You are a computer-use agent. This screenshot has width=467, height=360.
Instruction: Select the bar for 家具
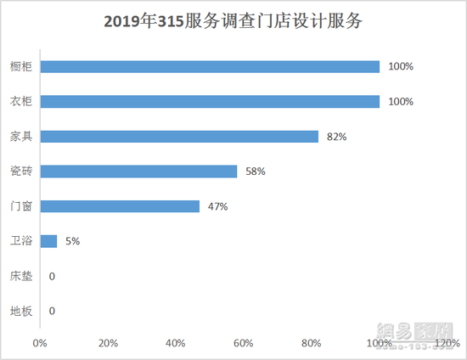click(179, 136)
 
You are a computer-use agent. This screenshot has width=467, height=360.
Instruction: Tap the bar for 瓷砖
click(138, 172)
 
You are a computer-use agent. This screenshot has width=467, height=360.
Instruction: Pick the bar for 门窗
click(120, 206)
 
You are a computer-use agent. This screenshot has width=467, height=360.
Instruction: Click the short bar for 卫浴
click(48, 241)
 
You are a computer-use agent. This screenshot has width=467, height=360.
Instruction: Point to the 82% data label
click(336, 136)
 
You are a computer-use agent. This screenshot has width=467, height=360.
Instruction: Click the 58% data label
click(255, 172)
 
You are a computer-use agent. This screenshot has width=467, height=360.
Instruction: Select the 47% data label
click(217, 206)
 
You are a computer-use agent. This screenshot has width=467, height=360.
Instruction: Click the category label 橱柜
click(22, 66)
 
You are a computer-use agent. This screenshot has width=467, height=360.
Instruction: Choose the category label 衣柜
click(22, 101)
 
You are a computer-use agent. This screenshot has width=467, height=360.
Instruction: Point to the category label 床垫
click(22, 276)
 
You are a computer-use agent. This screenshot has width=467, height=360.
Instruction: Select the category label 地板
click(22, 311)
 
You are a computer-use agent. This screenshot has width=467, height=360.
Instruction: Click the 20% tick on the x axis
click(108, 343)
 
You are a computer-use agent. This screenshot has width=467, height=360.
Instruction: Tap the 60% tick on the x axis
click(244, 343)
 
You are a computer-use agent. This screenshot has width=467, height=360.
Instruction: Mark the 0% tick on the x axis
click(40, 343)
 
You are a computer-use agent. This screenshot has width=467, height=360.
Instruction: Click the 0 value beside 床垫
click(52, 276)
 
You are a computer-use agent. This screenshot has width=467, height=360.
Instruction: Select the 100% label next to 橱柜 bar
click(400, 66)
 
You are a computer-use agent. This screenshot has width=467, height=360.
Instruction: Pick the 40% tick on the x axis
click(176, 343)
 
